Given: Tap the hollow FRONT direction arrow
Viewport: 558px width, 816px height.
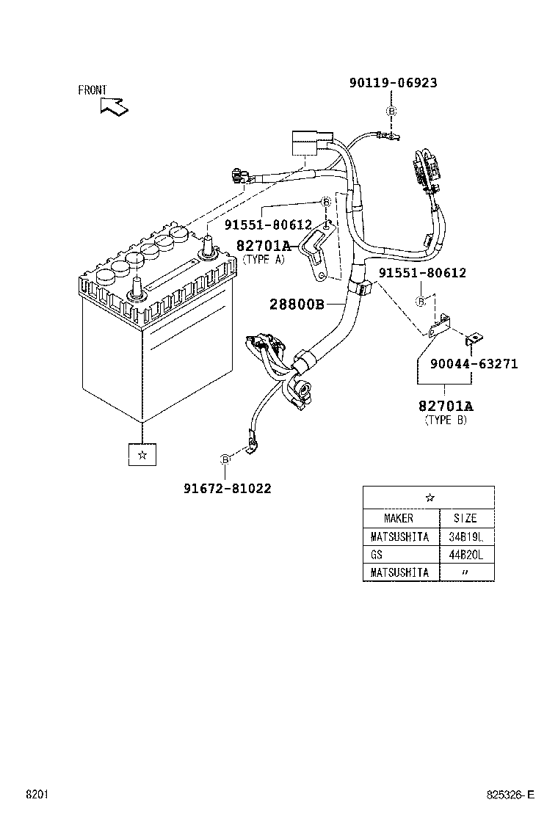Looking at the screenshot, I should pos(115,106).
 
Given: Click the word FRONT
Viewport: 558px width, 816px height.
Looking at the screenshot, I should pos(93,90).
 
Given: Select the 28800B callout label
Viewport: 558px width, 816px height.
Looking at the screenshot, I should pos(297,304).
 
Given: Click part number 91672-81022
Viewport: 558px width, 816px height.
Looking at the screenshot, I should pos(227,488).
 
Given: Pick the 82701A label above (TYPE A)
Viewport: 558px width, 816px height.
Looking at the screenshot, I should pos(264,245).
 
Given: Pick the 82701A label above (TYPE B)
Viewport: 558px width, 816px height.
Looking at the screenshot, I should pos(446,406).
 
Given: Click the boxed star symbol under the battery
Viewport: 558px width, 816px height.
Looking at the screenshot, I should pos(142,455).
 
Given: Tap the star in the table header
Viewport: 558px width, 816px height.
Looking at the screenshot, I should pos(429,497).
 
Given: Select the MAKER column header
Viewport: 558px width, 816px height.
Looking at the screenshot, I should pos(399,518).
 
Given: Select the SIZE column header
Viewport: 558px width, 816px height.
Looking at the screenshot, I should pos(465,518).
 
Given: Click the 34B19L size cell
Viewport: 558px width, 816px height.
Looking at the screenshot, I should pos(465,536).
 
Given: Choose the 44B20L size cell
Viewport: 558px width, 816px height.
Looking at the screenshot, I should pos(465,555).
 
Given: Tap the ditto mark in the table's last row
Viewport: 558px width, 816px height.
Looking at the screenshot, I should pos(465,572).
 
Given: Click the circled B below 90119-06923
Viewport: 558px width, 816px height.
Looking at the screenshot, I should pos(391,111).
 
